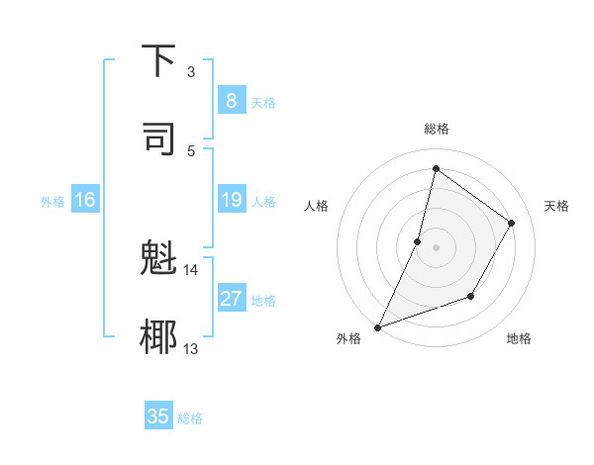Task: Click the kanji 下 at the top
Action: [x=159, y=61]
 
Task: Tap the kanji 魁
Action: [x=159, y=259]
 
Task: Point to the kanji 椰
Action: [x=159, y=335]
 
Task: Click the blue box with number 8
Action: [x=231, y=101]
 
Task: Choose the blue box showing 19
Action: [x=231, y=200]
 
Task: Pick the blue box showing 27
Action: [x=231, y=299]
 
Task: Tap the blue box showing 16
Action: [x=85, y=200]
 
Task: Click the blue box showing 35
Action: [x=158, y=417]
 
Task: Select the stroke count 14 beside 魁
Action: [x=190, y=269]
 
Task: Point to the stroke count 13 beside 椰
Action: [x=190, y=348]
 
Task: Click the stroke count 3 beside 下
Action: [x=190, y=72]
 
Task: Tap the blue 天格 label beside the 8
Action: [x=263, y=103]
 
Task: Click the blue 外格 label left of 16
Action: [x=52, y=202]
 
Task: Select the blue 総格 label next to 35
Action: [x=190, y=418]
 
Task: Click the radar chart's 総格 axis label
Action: [x=436, y=129]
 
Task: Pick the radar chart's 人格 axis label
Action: [x=316, y=206]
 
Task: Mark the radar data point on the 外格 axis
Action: [x=377, y=326]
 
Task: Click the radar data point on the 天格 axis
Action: [x=512, y=223]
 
